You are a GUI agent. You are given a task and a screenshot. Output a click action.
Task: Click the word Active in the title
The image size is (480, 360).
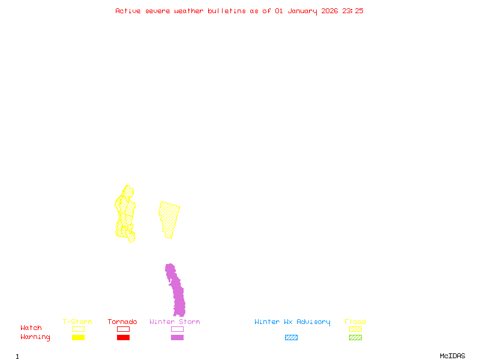coord(128,11)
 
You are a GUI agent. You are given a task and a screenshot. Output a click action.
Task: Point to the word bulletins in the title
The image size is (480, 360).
coord(227,11)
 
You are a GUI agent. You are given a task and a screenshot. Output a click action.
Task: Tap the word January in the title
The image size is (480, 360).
coord(302,11)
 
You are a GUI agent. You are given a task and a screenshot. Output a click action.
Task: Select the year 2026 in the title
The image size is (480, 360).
coord(329,11)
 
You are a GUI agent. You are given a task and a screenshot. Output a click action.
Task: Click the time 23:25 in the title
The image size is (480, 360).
coord(353,11)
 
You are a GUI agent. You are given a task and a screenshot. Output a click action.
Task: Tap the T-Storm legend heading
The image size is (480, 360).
coord(77,322)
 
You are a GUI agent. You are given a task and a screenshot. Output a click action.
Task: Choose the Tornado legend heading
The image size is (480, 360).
coord(122,322)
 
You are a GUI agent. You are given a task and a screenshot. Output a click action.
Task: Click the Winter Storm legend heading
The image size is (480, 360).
coord(175,322)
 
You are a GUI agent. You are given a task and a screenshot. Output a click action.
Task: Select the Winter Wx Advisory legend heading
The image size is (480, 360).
coord(292,322)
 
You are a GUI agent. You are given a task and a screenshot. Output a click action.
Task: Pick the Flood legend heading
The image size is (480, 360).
coord(355,322)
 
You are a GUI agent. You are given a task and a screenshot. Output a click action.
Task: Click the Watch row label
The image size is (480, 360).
coord(31,328)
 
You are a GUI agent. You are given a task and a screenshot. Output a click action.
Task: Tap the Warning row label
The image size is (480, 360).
coord(35,337)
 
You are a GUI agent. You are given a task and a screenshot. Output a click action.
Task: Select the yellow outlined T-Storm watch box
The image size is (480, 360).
coord(78,329)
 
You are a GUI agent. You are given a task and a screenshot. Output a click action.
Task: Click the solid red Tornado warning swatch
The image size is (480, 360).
coord(123,337)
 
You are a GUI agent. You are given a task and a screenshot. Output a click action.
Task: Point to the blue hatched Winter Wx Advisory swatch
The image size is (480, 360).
coord(291,337)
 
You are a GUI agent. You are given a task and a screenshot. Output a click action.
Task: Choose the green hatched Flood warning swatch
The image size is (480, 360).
coord(355,337)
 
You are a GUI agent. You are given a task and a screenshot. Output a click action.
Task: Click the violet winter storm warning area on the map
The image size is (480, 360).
coord(176,291)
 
